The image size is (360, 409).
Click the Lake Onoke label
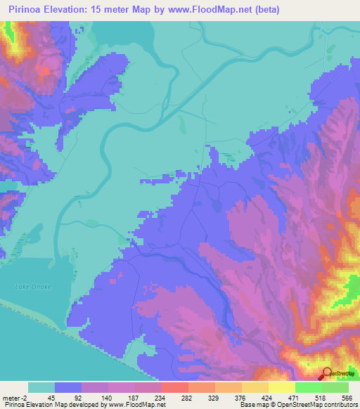point(30,287)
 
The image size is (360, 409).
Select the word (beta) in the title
point(264,10)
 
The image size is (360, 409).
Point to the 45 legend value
point(51,397)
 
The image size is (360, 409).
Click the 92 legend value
point(77,397)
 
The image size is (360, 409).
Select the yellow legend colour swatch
point(281,387)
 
